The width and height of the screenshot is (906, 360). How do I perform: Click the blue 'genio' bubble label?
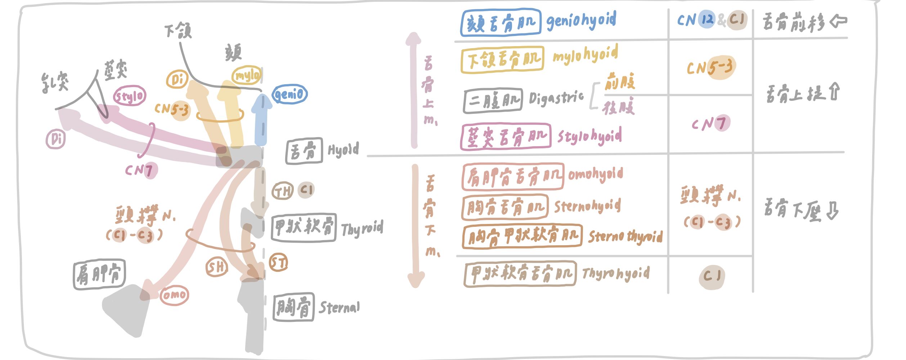(290, 94)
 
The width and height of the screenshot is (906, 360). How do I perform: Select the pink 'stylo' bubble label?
(130, 96)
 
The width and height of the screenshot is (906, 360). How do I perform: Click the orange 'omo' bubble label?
(174, 295)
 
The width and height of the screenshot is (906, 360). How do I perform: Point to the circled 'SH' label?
(216, 267)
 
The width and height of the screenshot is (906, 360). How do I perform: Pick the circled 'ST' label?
(279, 263)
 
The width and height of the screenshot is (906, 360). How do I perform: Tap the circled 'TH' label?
(283, 191)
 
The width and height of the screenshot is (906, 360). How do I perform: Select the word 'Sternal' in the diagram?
(339, 307)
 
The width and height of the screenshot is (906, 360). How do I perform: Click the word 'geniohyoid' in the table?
(581, 21)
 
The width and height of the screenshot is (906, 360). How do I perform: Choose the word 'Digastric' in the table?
(556, 98)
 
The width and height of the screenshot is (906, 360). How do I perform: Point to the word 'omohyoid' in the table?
(596, 175)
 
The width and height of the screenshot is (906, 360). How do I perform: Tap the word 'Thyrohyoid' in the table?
(616, 274)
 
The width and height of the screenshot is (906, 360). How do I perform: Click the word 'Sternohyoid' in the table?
(587, 206)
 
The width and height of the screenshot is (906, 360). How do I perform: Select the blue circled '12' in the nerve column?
(707, 19)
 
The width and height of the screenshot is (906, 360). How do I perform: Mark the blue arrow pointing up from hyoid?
(261, 119)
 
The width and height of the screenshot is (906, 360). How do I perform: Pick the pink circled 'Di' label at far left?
(56, 139)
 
